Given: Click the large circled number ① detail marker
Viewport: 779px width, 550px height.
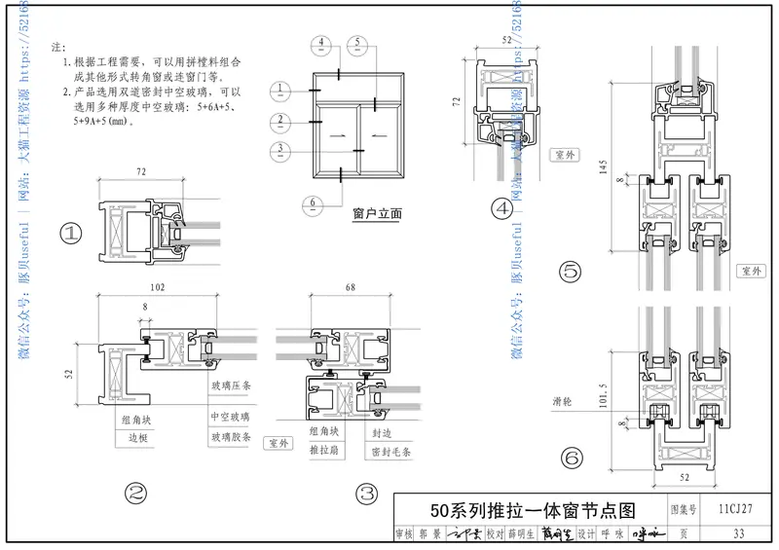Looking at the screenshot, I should click(x=71, y=233).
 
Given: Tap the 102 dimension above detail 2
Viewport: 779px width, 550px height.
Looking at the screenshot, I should click(x=158, y=288).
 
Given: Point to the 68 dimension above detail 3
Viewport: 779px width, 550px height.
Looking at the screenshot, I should click(x=349, y=288).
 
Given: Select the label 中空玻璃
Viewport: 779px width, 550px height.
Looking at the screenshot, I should click(x=230, y=416).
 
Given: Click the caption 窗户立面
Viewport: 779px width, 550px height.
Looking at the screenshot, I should click(x=376, y=211).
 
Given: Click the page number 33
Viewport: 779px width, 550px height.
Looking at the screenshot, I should click(x=737, y=533).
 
